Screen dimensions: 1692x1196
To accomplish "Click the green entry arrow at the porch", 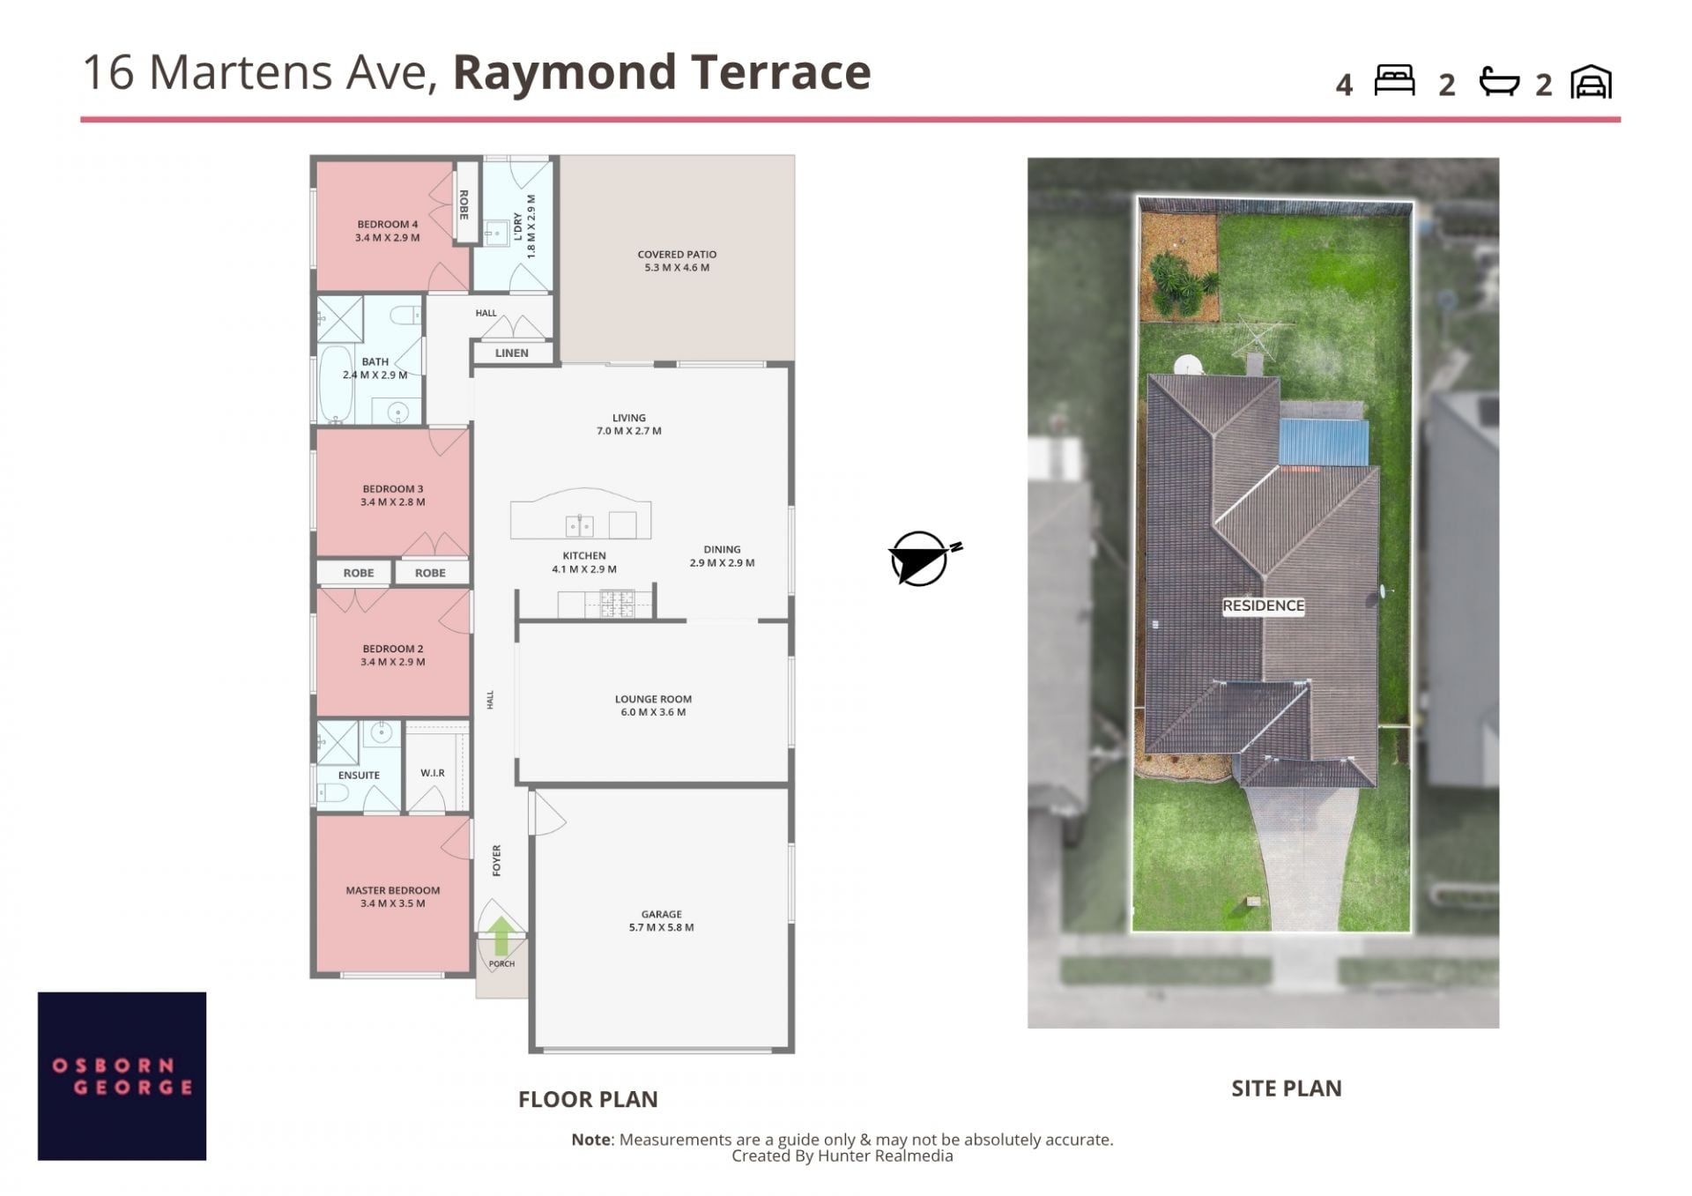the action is pyautogui.click(x=501, y=936).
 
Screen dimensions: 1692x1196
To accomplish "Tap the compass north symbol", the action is pyautogui.click(x=923, y=558).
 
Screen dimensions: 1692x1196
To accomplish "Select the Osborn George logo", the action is pyautogui.click(x=122, y=1076).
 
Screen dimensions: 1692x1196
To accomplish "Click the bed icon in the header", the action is pyautogui.click(x=1394, y=80).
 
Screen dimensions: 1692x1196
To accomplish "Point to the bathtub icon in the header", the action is pyautogui.click(x=1499, y=81).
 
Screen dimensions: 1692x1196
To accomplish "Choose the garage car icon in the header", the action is pyautogui.click(x=1591, y=82).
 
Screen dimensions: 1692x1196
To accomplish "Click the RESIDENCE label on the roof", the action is pyautogui.click(x=1263, y=605).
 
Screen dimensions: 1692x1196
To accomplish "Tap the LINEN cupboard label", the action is pyautogui.click(x=512, y=353).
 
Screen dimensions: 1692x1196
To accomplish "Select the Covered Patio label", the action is pyautogui.click(x=677, y=261).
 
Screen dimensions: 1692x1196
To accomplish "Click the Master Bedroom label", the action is pyautogui.click(x=393, y=896).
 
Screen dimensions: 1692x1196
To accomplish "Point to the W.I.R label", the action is pyautogui.click(x=433, y=773).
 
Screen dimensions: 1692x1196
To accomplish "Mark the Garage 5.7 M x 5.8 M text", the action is pyautogui.click(x=661, y=921).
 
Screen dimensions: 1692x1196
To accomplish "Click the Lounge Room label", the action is pyautogui.click(x=653, y=705).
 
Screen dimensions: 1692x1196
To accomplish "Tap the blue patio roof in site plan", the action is pyautogui.click(x=1324, y=442).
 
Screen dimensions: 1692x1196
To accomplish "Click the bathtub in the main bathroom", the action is pyautogui.click(x=335, y=384).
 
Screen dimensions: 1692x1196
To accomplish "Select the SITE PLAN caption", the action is pyautogui.click(x=1287, y=1088).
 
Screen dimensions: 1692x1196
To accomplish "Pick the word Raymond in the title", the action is pyautogui.click(x=565, y=72).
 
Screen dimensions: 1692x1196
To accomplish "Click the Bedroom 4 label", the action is pyautogui.click(x=388, y=231).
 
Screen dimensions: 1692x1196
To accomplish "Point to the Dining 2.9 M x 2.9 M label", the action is pyautogui.click(x=722, y=556).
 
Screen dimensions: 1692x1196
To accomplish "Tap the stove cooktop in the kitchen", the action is pyautogui.click(x=617, y=603).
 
